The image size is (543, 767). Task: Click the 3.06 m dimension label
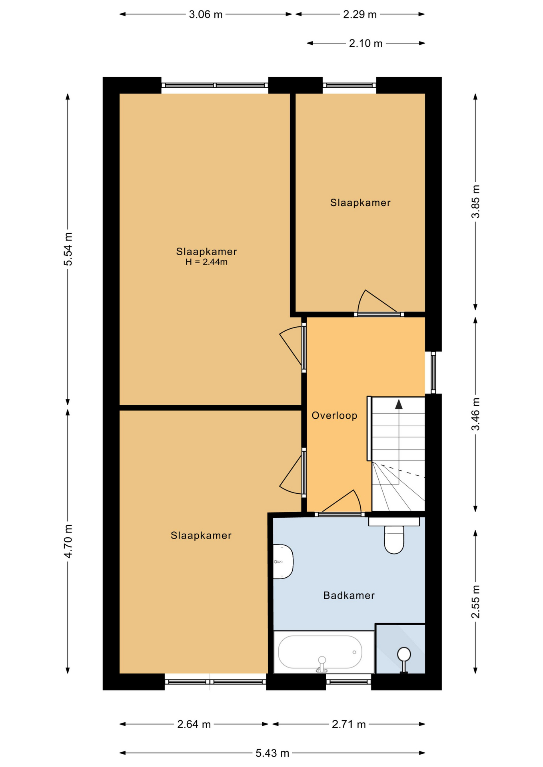click(x=206, y=14)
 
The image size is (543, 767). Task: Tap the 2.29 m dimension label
click(x=360, y=14)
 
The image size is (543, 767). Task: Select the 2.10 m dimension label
click(x=366, y=43)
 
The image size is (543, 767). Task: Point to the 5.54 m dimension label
click(x=68, y=249)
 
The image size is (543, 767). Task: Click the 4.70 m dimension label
click(x=68, y=541)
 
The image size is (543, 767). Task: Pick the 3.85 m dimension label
click(x=475, y=201)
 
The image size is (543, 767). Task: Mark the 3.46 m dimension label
click(x=475, y=414)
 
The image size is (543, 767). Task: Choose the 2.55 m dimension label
click(x=475, y=602)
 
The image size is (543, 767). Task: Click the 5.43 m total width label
click(x=272, y=753)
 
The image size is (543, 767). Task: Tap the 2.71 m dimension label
click(x=349, y=724)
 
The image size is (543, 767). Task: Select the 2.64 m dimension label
click(x=194, y=724)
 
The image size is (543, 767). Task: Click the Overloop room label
click(x=334, y=416)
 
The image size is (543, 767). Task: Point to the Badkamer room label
click(x=349, y=596)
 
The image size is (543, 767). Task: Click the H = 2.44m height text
click(x=206, y=262)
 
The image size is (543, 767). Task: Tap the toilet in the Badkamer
click(x=394, y=536)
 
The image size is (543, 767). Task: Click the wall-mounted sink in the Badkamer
click(x=283, y=561)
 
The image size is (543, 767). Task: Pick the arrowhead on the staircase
click(x=399, y=404)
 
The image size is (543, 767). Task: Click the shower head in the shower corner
click(x=404, y=655)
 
